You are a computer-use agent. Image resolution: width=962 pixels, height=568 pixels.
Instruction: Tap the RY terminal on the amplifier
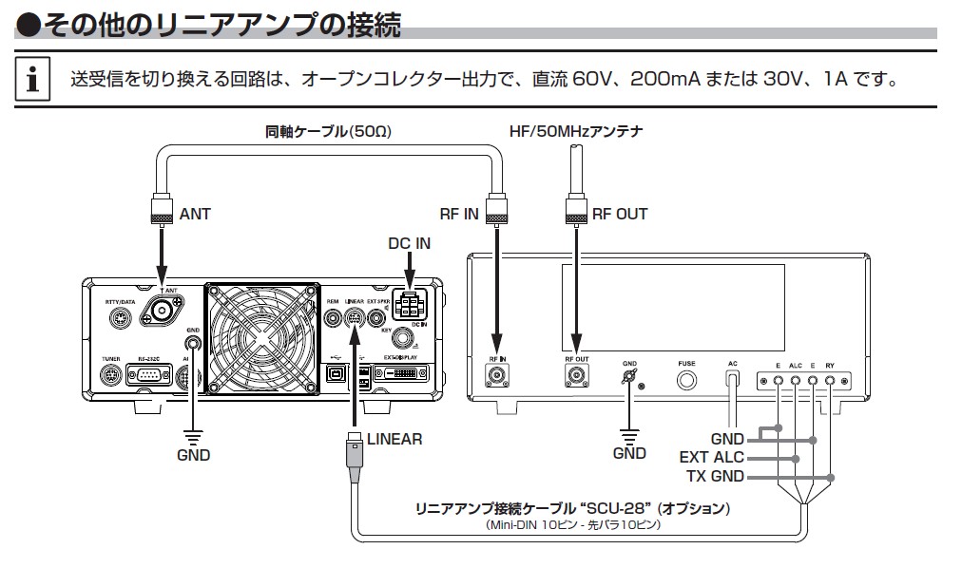(x=830, y=381)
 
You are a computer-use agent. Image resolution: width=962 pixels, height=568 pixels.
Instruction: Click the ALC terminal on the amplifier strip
(x=796, y=381)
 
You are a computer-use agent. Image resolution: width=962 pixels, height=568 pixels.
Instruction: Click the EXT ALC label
(x=711, y=458)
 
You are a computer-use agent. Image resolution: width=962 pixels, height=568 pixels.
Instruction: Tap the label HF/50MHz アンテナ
(x=570, y=131)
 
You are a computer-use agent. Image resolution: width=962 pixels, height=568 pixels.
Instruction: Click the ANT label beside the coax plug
(x=195, y=214)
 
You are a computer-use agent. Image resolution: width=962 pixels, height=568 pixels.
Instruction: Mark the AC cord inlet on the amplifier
(x=733, y=378)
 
